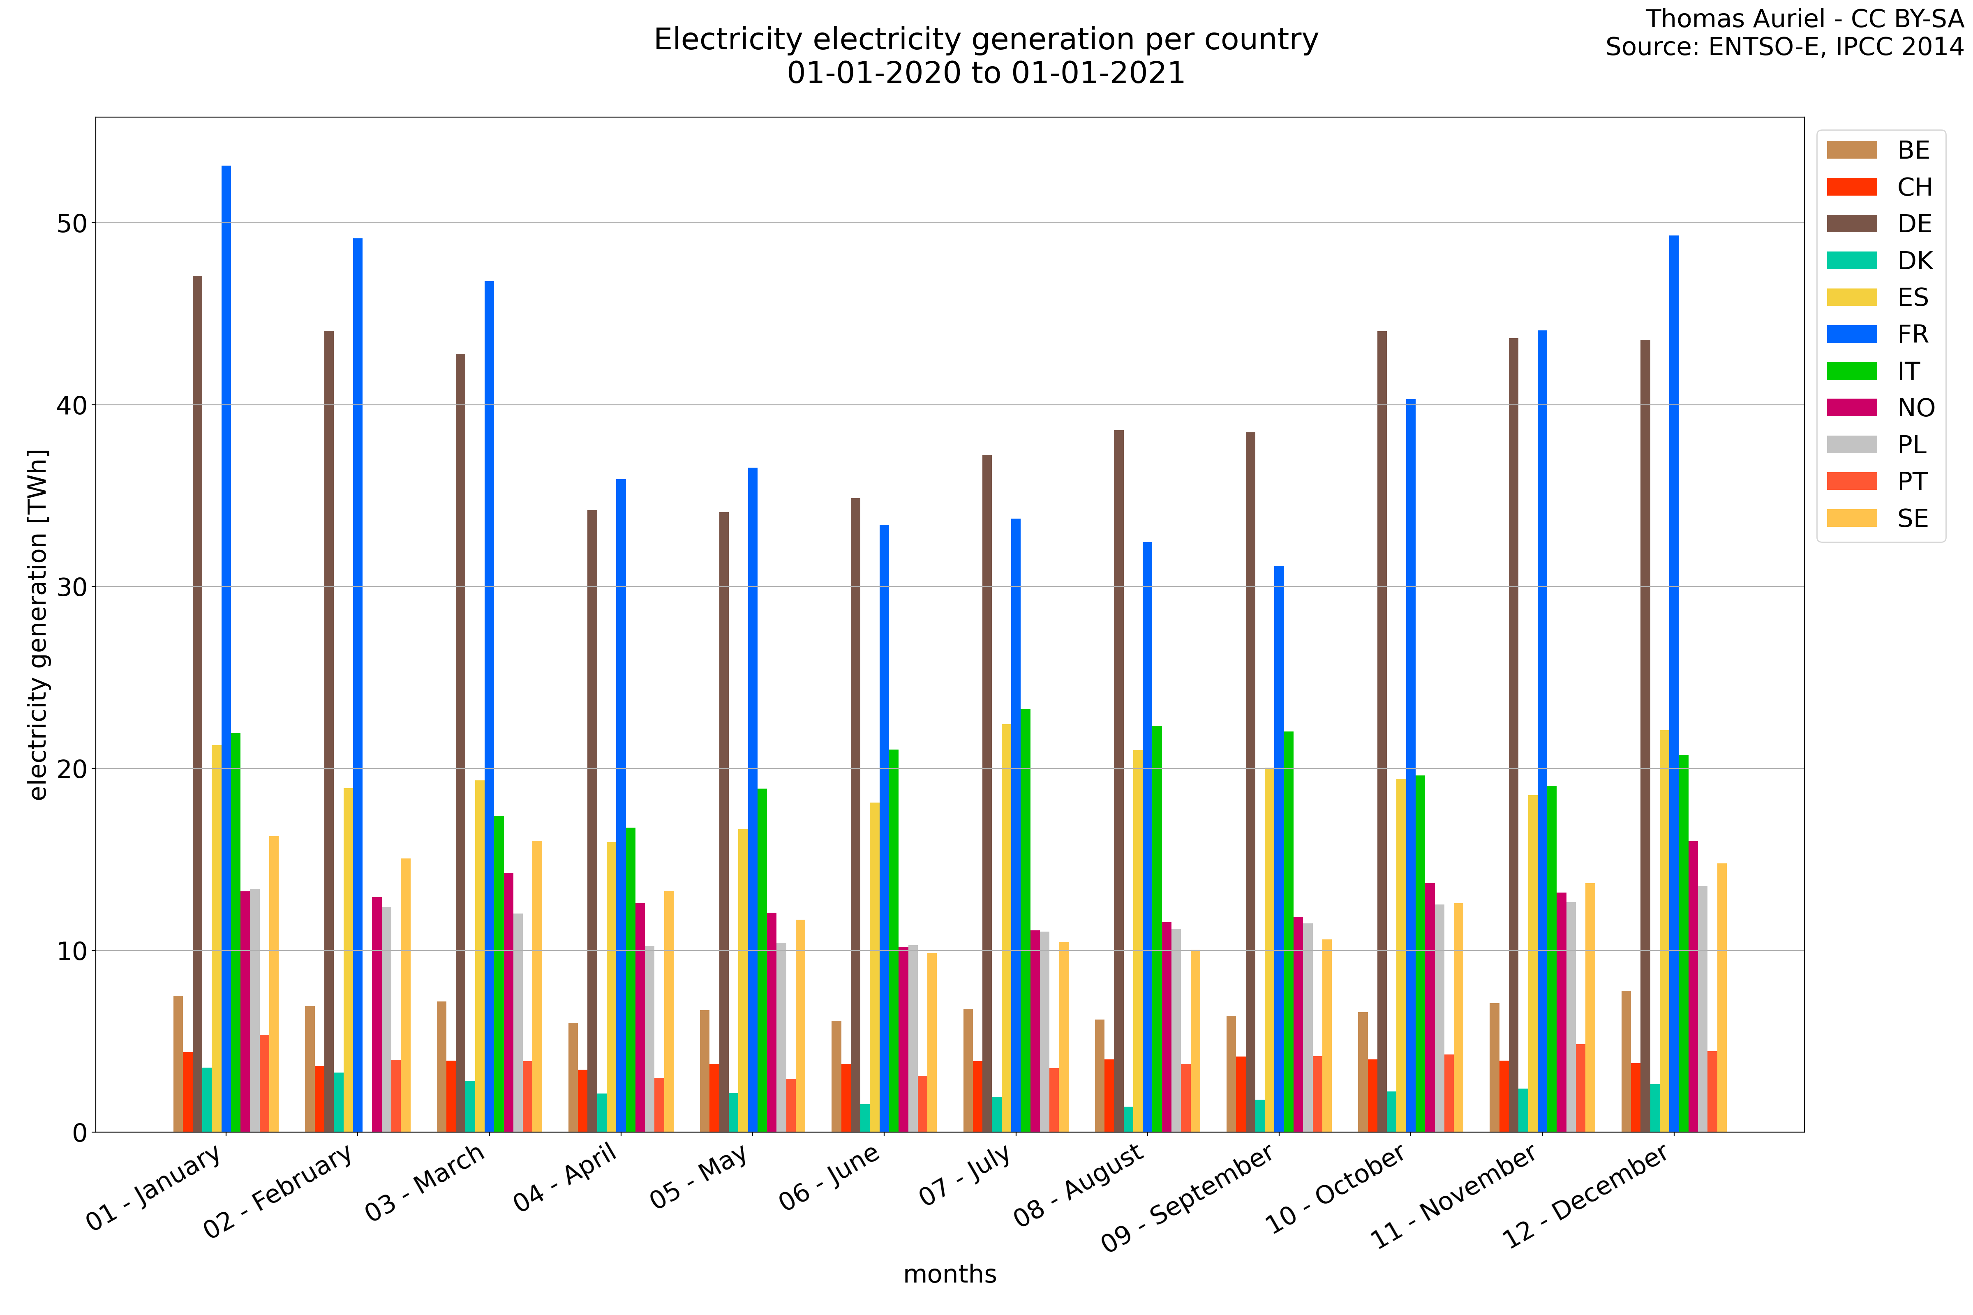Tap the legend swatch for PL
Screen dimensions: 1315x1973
click(x=1851, y=445)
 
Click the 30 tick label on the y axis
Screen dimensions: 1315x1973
click(x=72, y=587)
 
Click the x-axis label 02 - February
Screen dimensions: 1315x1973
click(x=279, y=1191)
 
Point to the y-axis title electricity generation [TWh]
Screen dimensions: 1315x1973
click(x=38, y=625)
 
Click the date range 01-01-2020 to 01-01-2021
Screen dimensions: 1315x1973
click(x=986, y=73)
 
